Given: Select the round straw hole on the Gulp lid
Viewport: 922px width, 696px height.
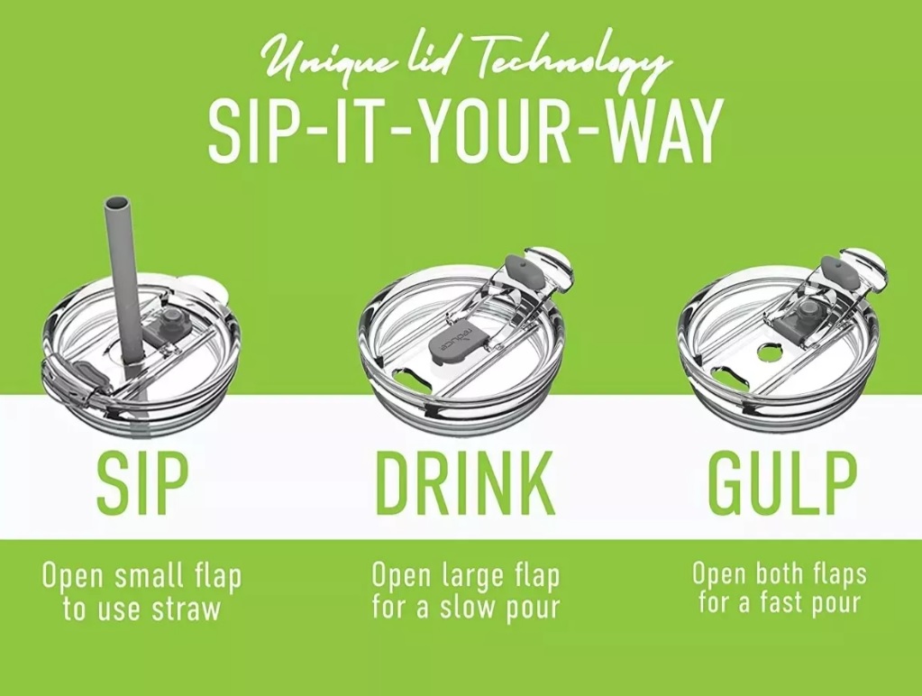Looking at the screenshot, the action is pos(767,355).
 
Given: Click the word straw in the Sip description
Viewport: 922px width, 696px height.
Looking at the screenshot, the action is pos(187,609).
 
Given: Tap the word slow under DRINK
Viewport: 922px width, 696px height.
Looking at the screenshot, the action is pos(464,608).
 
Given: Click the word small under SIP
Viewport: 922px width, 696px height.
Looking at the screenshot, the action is pos(150,577).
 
